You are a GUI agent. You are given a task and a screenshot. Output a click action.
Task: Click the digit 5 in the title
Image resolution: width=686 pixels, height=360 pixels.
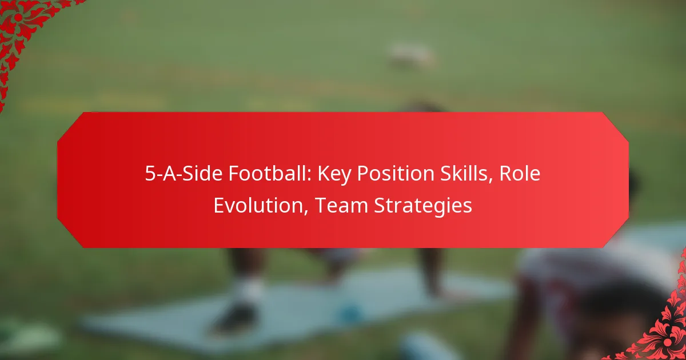[150, 175]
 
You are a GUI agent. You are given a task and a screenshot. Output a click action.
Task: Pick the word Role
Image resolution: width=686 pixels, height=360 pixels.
[519, 175]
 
